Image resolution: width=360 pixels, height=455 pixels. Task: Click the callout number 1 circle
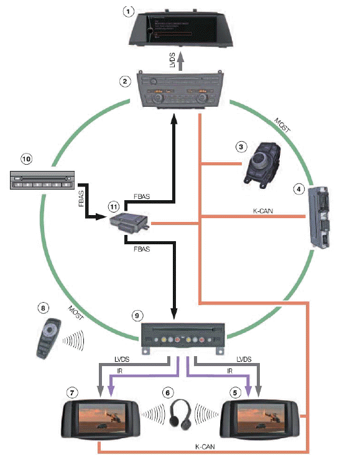[128, 11]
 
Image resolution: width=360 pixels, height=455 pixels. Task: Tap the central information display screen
[180, 27]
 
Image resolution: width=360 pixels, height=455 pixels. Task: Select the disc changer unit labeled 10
[40, 180]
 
